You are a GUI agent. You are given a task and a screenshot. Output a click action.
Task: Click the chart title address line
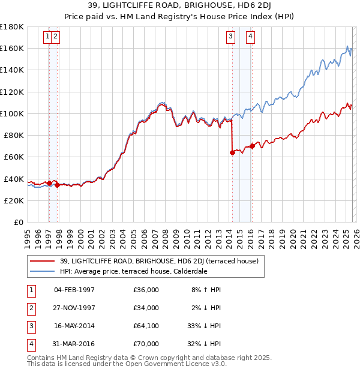[x=179, y=7]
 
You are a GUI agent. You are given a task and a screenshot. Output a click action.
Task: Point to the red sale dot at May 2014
[x=232, y=152]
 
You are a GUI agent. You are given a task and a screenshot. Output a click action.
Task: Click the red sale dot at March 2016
[x=252, y=146]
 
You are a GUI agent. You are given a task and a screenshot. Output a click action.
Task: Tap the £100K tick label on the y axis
[x=12, y=113]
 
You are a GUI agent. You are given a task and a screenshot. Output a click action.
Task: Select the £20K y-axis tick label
[x=14, y=200]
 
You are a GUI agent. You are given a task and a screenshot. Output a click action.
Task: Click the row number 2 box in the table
[x=30, y=308]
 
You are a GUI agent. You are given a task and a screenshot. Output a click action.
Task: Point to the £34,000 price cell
[x=146, y=308]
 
